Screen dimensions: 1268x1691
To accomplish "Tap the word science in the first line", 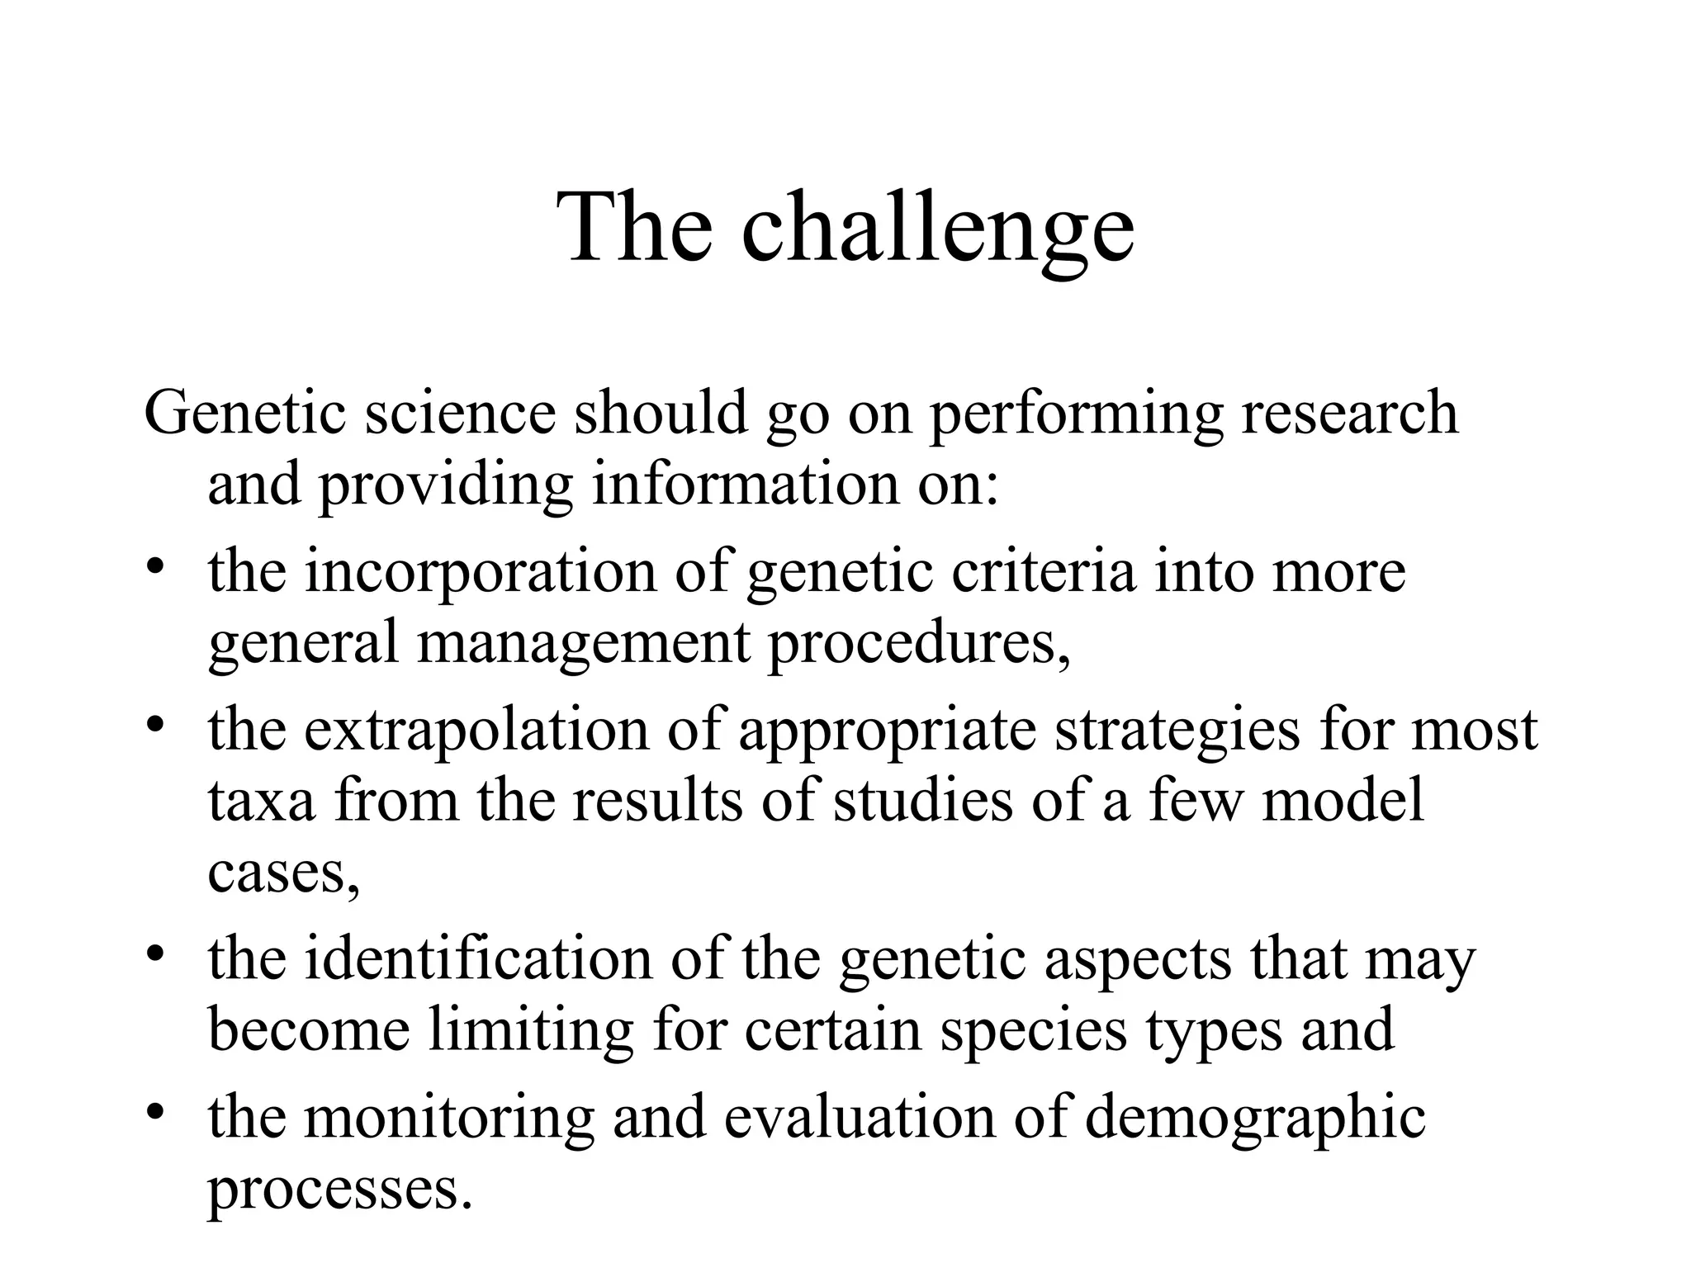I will coord(461,413).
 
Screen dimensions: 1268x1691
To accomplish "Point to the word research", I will coord(1349,413).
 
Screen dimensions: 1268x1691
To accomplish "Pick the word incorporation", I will coord(480,571).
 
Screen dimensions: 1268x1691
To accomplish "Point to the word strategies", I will coord(1177,730).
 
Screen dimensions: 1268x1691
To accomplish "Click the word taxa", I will coord(261,801).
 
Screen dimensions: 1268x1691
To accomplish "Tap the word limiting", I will coord(531,1030).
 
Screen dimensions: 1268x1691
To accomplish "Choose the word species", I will coord(1033,1030).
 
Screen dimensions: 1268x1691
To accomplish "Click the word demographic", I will coord(1254,1118).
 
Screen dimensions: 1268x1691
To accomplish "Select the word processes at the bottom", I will coord(341,1189).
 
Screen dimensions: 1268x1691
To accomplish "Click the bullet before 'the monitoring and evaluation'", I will coord(155,1114).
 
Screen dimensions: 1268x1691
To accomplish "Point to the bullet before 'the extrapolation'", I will coord(155,726).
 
